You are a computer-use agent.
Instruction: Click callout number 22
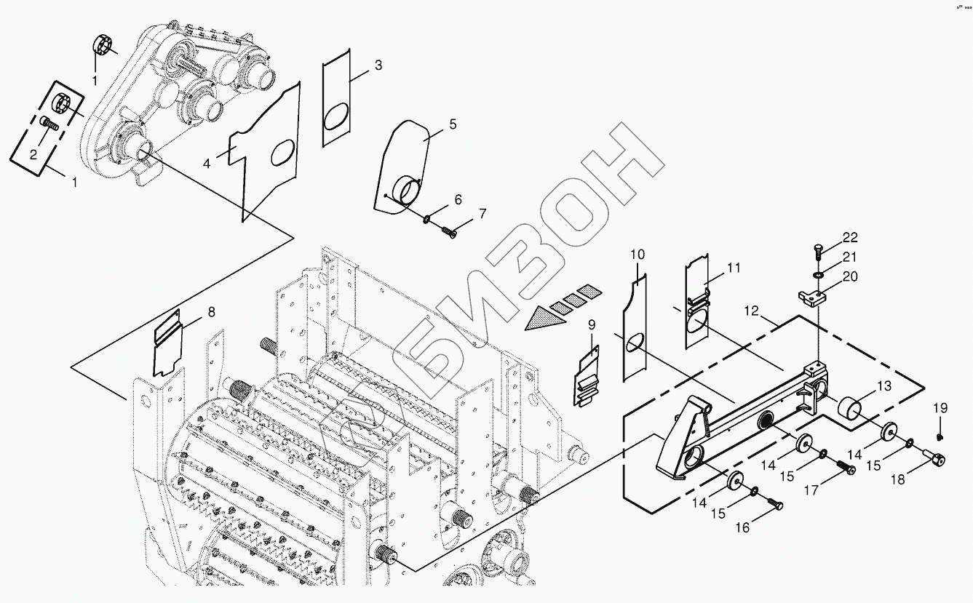point(850,238)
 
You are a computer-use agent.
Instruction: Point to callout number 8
point(211,312)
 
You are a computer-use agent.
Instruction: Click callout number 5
point(453,124)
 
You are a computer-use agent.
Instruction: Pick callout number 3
point(378,65)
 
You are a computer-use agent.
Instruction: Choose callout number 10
point(637,255)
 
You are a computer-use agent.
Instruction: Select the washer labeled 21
point(819,276)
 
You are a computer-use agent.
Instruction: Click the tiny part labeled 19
point(940,437)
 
